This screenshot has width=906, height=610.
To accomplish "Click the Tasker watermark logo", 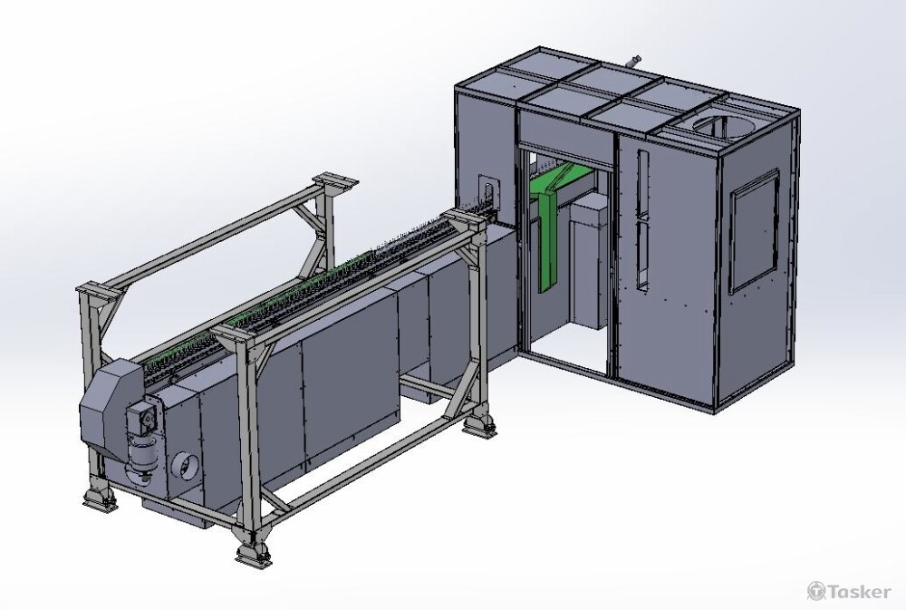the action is tap(849, 591).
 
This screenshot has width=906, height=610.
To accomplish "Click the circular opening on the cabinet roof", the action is tap(716, 126).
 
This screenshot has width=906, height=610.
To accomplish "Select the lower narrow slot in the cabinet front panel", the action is tap(642, 256).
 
